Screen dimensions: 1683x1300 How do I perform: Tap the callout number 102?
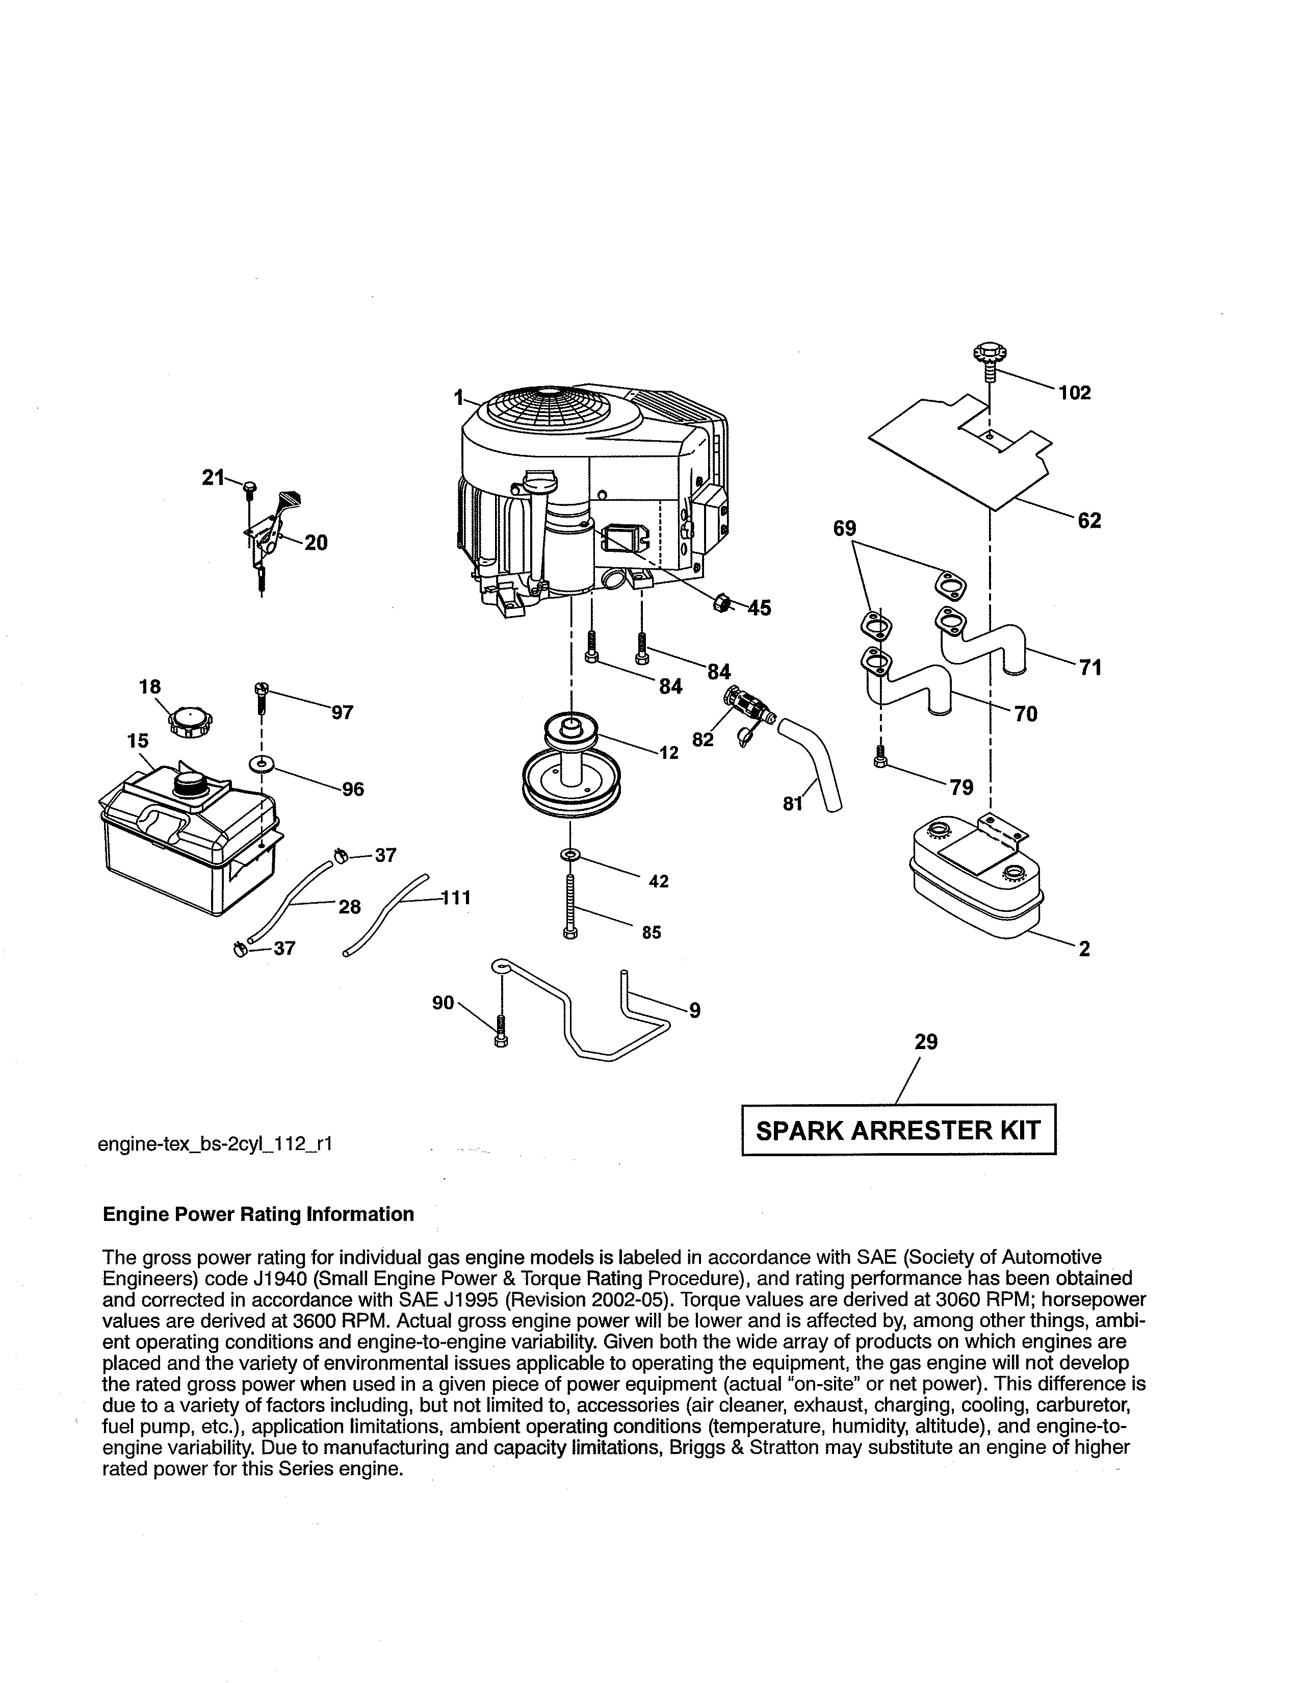[1074, 393]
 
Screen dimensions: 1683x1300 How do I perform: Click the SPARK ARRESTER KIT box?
[898, 1131]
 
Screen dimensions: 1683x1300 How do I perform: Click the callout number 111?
[455, 898]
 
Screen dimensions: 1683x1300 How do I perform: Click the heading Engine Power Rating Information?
[258, 1214]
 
